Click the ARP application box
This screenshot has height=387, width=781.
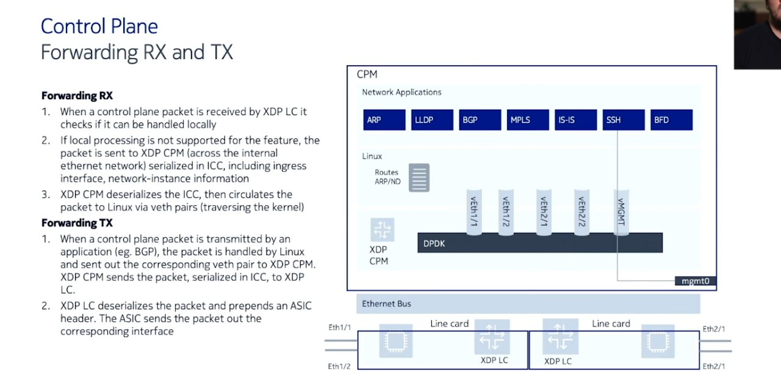(384, 120)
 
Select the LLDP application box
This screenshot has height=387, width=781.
(433, 120)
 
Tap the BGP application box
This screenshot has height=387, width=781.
(480, 120)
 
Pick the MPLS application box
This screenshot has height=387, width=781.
(528, 120)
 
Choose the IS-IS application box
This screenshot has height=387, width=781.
(575, 120)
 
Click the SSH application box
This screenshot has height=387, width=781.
(624, 120)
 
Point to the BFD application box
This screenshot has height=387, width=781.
(672, 120)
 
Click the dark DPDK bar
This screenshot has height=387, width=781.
(540, 243)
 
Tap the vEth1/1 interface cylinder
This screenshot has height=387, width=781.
(474, 212)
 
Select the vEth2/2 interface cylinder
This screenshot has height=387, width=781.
(581, 212)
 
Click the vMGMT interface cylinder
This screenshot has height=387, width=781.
(621, 212)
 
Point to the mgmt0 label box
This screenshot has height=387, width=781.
(695, 281)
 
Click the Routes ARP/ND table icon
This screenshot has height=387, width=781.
(419, 177)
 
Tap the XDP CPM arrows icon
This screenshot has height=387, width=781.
(383, 230)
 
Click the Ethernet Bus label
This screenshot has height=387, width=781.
(386, 304)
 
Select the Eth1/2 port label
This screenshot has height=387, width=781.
(339, 366)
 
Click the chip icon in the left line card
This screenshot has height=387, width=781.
(396, 341)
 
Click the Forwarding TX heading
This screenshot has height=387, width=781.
(77, 223)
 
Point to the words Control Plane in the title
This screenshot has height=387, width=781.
(99, 26)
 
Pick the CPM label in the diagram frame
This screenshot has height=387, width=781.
(367, 74)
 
